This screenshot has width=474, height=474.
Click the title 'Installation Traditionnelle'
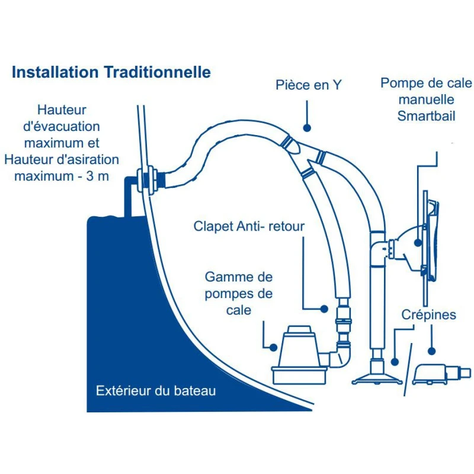tap(111, 72)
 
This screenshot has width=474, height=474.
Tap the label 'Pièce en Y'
tap(308, 85)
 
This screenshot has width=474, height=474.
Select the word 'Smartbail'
tap(427, 116)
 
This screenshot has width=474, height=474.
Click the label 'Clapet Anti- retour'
tap(249, 226)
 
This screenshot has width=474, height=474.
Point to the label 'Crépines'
tap(428, 314)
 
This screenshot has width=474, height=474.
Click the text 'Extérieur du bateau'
tap(156, 391)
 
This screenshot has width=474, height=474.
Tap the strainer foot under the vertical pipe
tap(374, 375)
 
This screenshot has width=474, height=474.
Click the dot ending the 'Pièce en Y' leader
tap(308, 127)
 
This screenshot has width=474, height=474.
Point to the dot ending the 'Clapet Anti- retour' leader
tap(324, 309)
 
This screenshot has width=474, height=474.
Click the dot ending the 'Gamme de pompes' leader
tap(273, 348)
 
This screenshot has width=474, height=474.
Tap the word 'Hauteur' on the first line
tap(62, 110)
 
